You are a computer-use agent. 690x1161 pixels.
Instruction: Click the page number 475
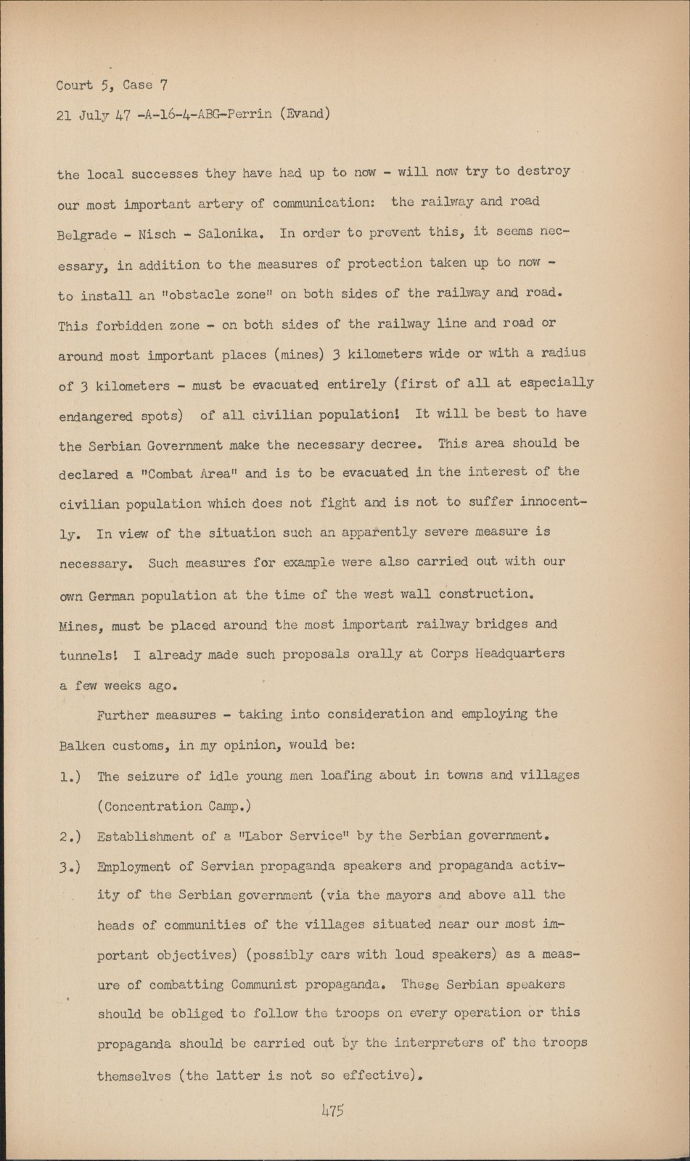[x=332, y=1110]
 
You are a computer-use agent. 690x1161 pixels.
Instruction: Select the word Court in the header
[x=75, y=85]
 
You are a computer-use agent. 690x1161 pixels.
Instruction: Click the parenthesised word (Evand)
[x=305, y=113]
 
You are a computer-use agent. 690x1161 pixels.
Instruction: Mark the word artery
[x=221, y=204]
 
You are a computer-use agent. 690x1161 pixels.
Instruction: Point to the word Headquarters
[x=519, y=653]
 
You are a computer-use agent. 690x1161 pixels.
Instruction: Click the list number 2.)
[x=70, y=836]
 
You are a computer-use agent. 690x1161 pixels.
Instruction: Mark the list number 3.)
[x=70, y=866]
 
